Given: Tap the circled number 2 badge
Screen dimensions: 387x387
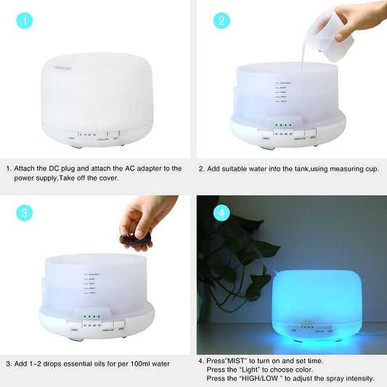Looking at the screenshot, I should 221,21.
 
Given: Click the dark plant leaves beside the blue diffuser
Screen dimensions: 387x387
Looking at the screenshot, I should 236,254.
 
